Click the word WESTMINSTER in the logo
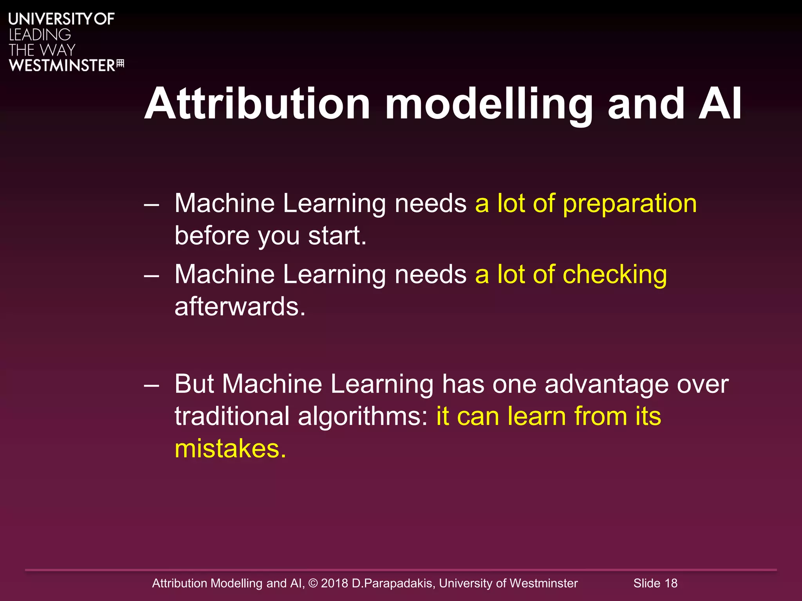click(x=62, y=65)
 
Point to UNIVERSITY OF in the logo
click(x=61, y=19)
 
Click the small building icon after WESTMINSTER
click(x=120, y=64)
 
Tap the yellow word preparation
click(x=629, y=203)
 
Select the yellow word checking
click(x=614, y=275)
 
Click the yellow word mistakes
click(x=230, y=448)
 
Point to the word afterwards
click(x=240, y=306)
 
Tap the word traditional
click(x=232, y=416)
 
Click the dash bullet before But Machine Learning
click(x=151, y=385)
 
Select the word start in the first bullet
click(x=337, y=236)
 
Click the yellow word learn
click(x=536, y=416)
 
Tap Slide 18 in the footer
click(x=655, y=583)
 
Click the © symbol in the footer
click(x=313, y=583)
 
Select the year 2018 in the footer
click(x=334, y=583)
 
